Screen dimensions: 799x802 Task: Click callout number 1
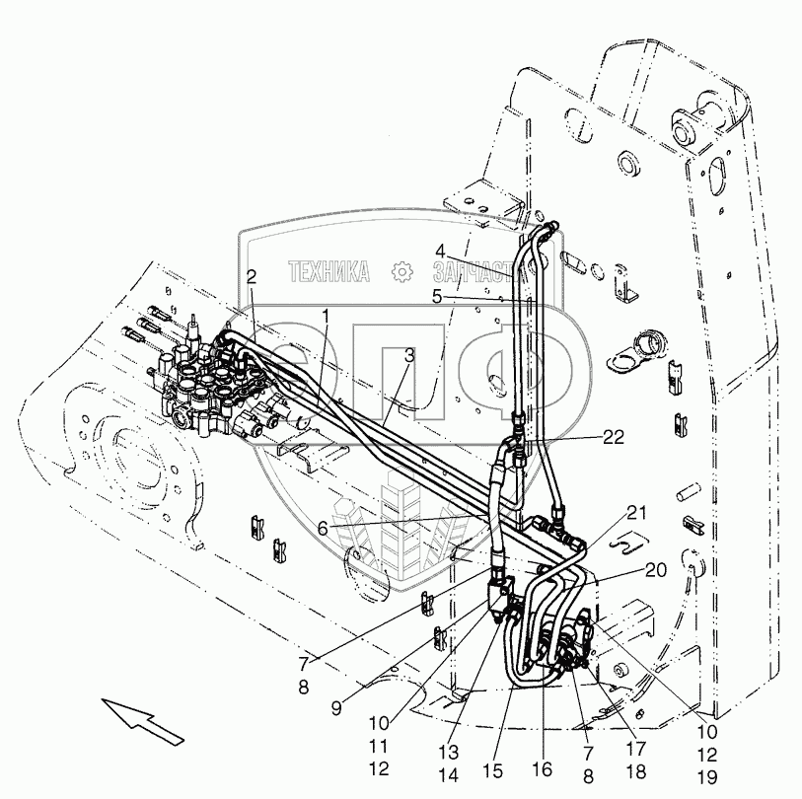click(x=326, y=313)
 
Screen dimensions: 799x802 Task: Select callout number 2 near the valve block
click(x=252, y=278)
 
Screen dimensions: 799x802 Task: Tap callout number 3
click(x=407, y=354)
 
